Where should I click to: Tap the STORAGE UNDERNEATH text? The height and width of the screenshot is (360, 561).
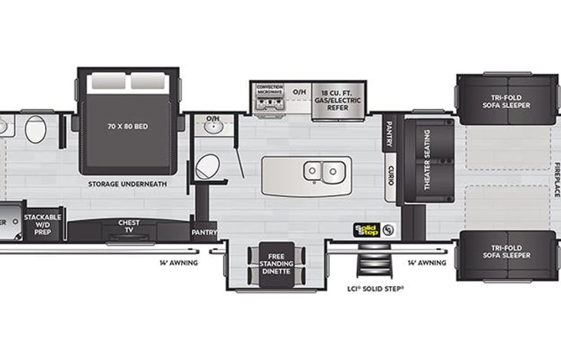tap(128, 184)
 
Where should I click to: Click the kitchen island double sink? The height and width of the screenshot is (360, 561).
tap(322, 171)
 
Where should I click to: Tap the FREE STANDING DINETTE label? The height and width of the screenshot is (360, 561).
tap(276, 265)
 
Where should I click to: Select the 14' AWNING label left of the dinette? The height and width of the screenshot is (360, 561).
tap(179, 263)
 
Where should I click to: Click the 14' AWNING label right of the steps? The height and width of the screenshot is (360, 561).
tap(427, 263)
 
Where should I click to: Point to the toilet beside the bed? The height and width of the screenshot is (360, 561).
tap(206, 166)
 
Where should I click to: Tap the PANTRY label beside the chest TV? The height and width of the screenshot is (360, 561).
tap(203, 232)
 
